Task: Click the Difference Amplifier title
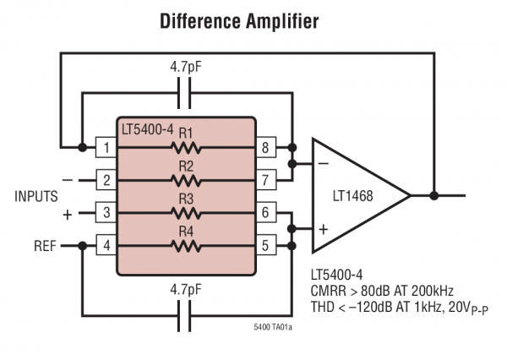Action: (239, 22)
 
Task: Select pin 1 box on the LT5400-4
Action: (106, 147)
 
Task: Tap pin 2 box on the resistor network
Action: (106, 180)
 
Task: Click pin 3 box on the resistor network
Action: (106, 213)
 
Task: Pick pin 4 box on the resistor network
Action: (106, 246)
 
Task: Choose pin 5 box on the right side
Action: (265, 246)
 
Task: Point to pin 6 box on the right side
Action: (265, 213)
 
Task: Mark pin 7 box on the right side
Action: (265, 180)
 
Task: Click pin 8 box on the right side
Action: (265, 147)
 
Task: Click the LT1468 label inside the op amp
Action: (352, 196)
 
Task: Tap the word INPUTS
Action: (36, 196)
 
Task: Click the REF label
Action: (46, 246)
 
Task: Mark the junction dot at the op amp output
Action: (433, 195)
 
